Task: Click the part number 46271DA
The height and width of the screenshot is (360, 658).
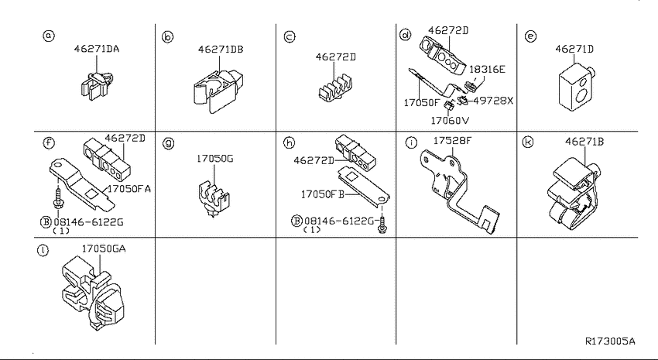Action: [x=97, y=49]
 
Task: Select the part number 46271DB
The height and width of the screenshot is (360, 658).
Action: [x=221, y=49]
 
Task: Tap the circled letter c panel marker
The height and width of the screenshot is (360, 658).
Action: [x=290, y=37]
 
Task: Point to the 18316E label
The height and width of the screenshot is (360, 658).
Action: [x=487, y=69]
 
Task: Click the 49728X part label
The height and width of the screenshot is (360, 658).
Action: [x=493, y=101]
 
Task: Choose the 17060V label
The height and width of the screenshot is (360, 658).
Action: [x=450, y=121]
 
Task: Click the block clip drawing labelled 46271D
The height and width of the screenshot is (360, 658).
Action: [x=577, y=87]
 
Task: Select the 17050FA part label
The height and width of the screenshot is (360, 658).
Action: [x=129, y=189]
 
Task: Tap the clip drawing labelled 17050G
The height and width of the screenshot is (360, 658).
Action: [x=214, y=198]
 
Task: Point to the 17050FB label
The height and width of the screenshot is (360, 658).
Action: [x=323, y=194]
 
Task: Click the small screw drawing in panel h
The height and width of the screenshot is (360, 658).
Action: [x=382, y=224]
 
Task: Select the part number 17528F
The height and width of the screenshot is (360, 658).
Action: [x=452, y=141]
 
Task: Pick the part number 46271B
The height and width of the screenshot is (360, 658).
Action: [x=584, y=142]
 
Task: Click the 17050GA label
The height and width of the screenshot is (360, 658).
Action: [x=104, y=249]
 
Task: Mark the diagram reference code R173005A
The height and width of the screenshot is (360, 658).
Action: [x=610, y=341]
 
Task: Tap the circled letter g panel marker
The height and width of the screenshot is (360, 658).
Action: [x=168, y=143]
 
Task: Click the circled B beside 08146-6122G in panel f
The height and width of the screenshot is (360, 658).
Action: [x=46, y=222]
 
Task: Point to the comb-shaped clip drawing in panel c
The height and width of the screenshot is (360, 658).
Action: [x=336, y=89]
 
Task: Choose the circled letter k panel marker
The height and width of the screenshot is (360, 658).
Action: [x=528, y=142]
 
